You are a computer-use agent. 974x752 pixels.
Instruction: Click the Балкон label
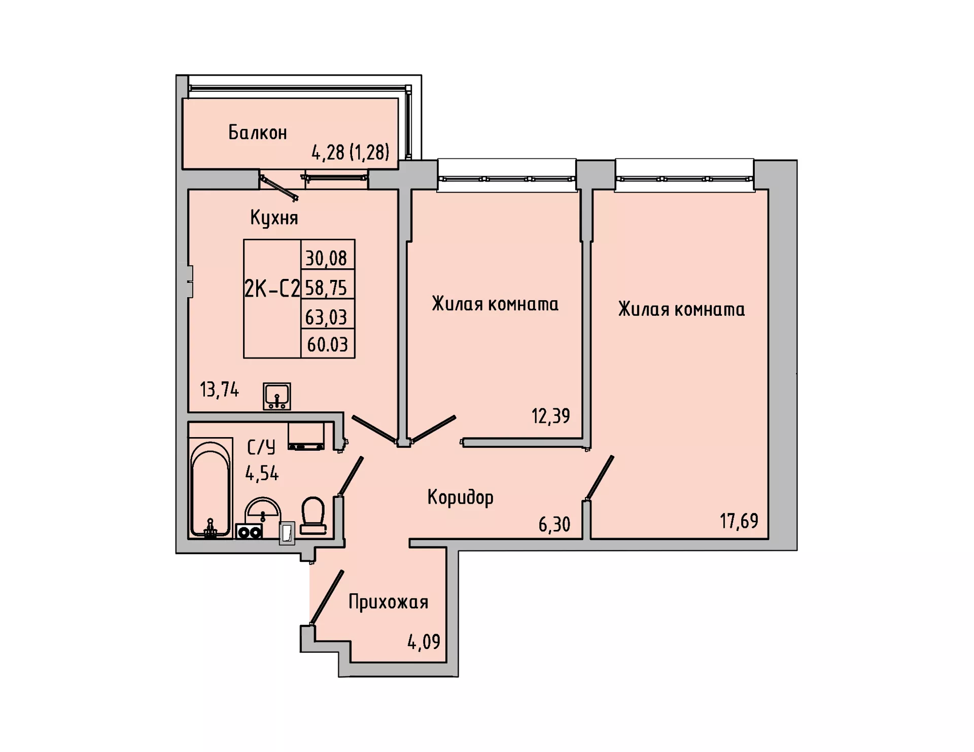pos(258,132)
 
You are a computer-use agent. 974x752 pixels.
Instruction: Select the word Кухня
pos(274,218)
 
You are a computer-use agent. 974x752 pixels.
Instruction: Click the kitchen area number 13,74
pos(219,390)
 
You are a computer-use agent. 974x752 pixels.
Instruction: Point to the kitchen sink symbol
pos(277,396)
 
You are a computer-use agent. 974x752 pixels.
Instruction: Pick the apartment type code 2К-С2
pos(272,289)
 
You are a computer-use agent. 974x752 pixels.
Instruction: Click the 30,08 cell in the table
pos(326,259)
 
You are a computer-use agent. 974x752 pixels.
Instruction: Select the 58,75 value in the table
pos(326,288)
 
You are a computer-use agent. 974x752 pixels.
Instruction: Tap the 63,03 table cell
pos(326,317)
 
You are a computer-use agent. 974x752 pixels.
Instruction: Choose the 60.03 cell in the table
pos(328,345)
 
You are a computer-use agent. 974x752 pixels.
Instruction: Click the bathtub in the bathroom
pos(211,488)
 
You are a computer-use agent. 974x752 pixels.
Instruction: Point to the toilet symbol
pos(313,515)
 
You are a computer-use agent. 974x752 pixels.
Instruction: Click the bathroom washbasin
pos(263,510)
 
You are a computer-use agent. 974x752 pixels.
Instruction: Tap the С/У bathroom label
pos(261,447)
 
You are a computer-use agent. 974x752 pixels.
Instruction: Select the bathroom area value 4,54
pos(262,474)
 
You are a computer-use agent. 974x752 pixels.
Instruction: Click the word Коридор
pos(461,497)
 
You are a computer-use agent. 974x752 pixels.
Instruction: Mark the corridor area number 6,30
pos(554,524)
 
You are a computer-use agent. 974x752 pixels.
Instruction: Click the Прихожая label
pos(389,602)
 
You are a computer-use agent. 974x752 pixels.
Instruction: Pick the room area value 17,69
pos(739,521)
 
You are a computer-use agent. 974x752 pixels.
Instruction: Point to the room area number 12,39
pos(551,416)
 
